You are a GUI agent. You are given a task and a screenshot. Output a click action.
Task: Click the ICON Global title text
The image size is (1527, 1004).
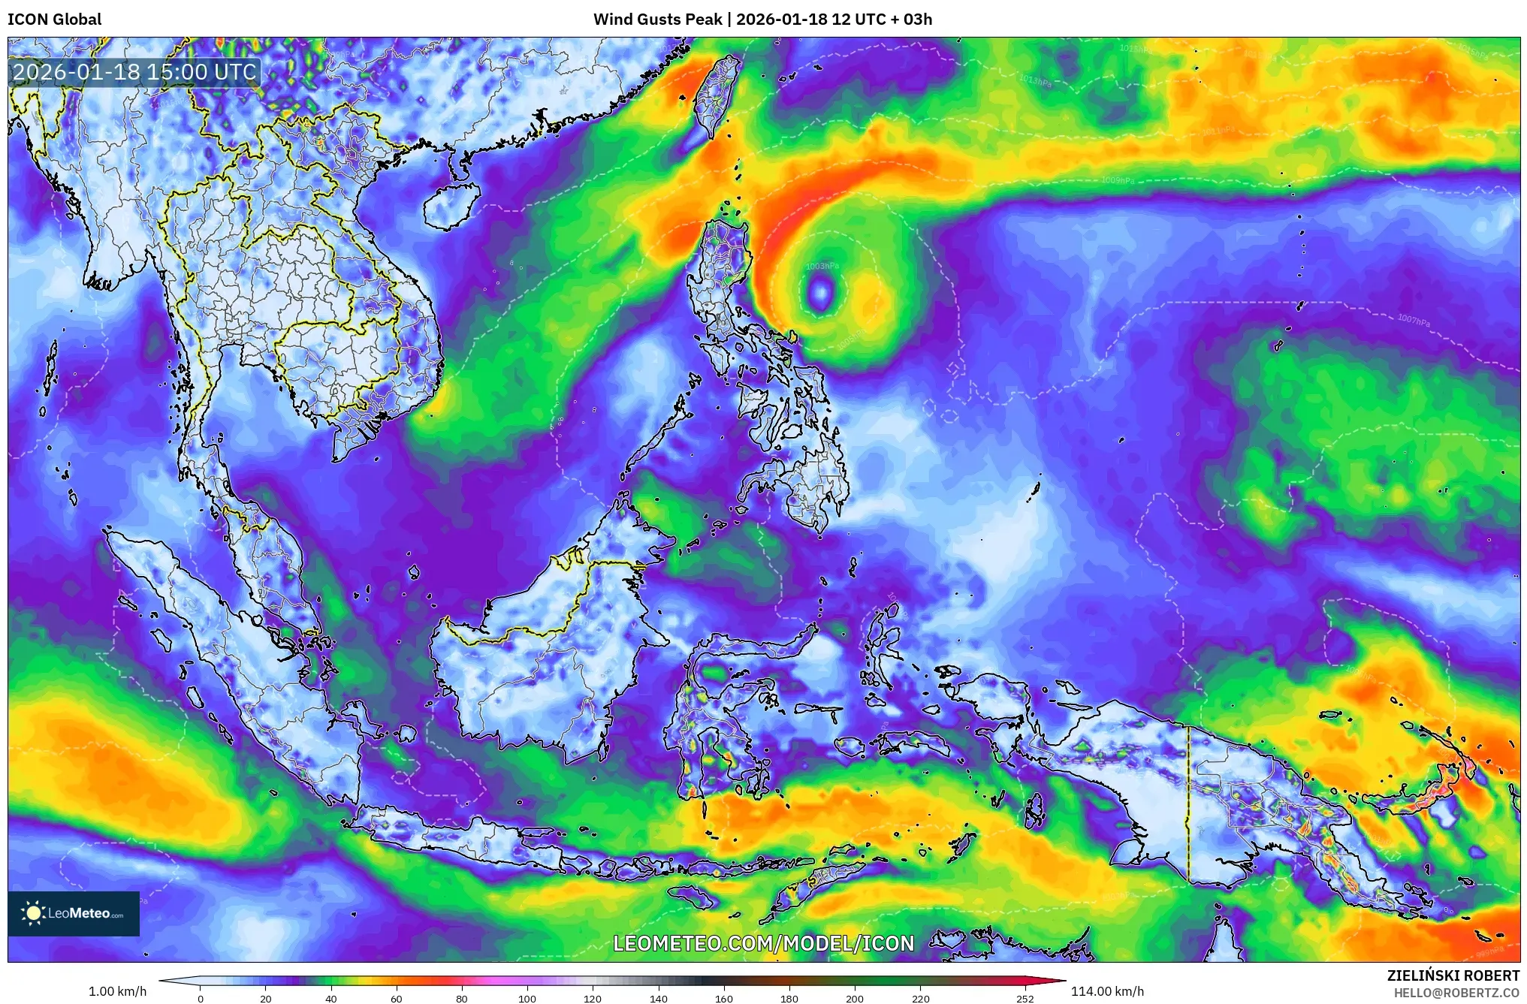tap(54, 20)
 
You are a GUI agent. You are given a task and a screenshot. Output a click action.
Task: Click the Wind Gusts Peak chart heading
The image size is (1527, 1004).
tap(762, 20)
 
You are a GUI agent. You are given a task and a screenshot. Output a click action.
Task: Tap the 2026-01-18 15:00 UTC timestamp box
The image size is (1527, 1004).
tap(135, 72)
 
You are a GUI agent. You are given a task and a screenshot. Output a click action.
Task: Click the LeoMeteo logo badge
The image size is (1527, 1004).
tap(74, 913)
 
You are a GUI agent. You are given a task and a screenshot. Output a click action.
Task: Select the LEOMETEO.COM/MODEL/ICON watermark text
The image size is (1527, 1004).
tap(763, 944)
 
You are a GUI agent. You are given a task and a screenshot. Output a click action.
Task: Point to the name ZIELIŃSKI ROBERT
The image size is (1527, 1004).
tap(1453, 975)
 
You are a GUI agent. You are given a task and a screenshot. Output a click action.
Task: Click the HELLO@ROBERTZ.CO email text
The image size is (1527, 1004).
tap(1456, 993)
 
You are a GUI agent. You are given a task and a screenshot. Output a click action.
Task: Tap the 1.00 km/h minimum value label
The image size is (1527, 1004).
tap(117, 991)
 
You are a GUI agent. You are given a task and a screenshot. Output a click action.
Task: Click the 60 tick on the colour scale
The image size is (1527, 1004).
tap(397, 999)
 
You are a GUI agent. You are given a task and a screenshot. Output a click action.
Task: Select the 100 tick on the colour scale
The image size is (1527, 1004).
tap(527, 999)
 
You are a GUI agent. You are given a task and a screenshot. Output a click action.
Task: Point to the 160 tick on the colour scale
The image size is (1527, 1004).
tap(724, 999)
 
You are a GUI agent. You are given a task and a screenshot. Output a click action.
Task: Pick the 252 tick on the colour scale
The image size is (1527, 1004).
tap(1025, 999)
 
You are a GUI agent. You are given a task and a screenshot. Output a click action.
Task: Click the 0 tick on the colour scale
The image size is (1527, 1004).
tap(201, 999)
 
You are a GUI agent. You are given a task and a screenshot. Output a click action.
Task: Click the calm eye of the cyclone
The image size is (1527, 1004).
tap(820, 291)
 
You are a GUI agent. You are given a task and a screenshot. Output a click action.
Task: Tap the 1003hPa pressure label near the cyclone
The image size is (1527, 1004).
tap(822, 267)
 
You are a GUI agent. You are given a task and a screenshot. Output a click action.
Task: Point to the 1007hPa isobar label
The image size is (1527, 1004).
tap(1414, 320)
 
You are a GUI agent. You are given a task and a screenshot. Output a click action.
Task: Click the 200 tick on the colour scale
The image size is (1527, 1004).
tap(855, 999)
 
